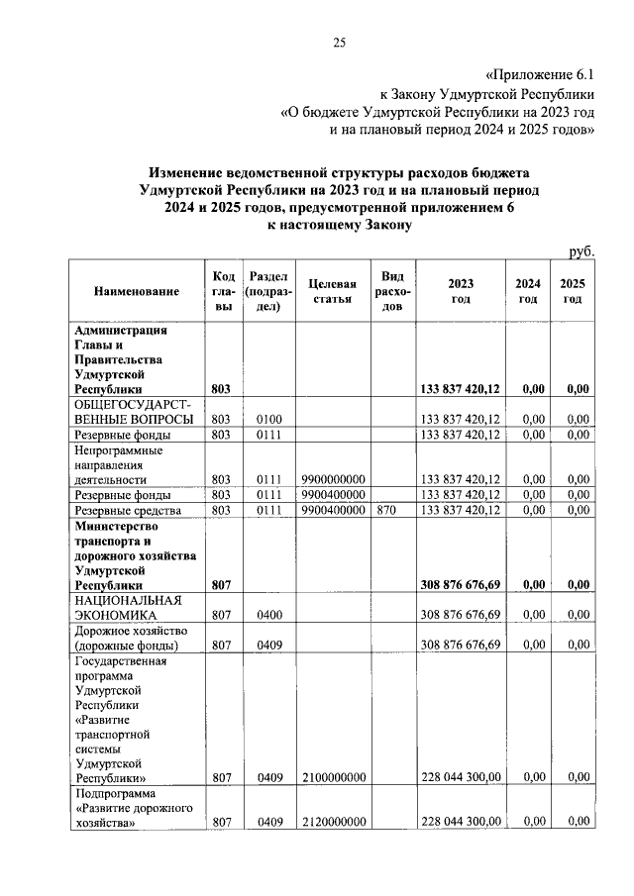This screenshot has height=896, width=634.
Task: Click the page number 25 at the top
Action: click(x=338, y=41)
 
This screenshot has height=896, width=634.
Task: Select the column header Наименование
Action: click(x=137, y=291)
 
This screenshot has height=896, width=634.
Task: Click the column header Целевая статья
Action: click(x=332, y=291)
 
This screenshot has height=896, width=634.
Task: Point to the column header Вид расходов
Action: click(x=392, y=291)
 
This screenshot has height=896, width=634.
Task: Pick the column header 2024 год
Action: click(x=527, y=291)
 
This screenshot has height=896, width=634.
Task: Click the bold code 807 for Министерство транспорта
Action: click(x=221, y=585)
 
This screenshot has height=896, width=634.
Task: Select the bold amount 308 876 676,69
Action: click(x=461, y=585)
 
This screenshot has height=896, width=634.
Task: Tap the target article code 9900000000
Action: click(x=333, y=479)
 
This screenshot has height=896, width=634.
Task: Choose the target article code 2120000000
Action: click(x=333, y=821)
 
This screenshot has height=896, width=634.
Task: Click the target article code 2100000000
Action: click(x=333, y=777)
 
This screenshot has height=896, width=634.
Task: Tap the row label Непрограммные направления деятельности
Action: click(x=118, y=463)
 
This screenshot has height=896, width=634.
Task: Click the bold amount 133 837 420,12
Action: click(x=461, y=390)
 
